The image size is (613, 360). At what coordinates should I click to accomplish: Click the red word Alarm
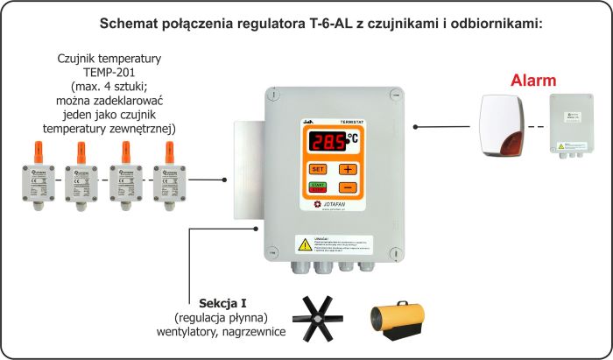[532, 81]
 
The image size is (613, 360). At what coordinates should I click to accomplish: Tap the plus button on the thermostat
[348, 169]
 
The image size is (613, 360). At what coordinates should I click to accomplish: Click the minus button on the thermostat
[348, 187]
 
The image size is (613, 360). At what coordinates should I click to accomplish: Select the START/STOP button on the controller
[318, 187]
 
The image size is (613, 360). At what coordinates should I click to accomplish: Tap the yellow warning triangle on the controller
[303, 243]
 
